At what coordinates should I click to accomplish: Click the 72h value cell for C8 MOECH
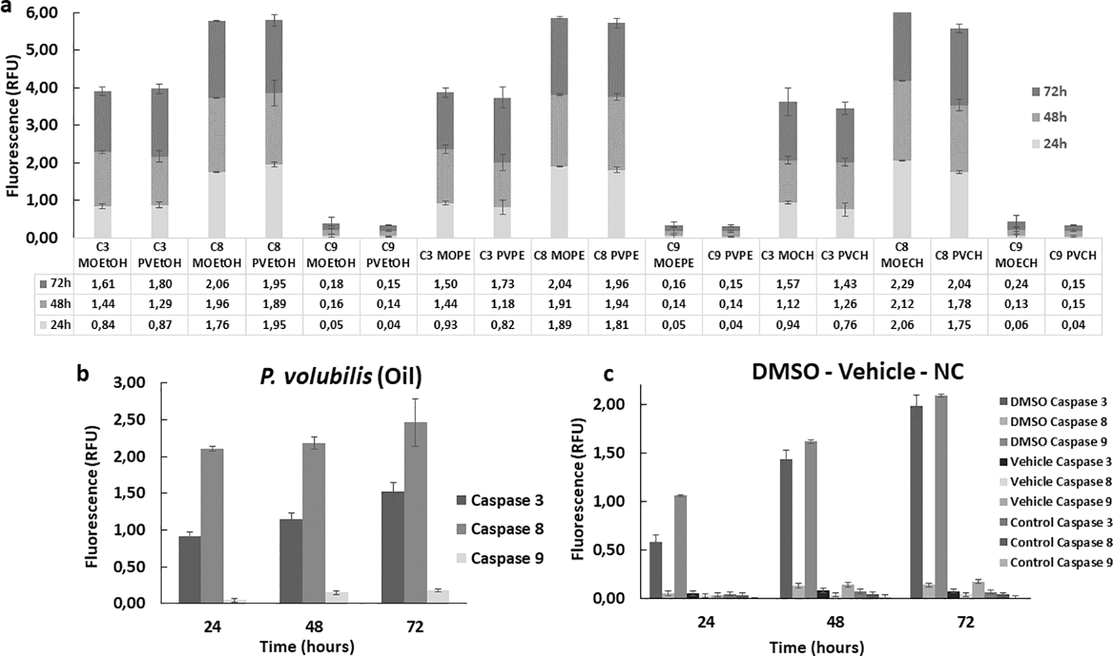(902, 284)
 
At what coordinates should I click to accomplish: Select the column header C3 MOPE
(444, 256)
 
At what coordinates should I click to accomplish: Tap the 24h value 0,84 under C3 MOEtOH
(102, 324)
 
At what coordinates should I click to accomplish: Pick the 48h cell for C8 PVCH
(959, 304)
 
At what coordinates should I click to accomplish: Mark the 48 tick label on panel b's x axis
(313, 627)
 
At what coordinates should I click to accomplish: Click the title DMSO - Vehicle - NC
(857, 372)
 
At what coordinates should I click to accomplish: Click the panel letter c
(609, 373)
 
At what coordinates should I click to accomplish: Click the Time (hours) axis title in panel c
(816, 647)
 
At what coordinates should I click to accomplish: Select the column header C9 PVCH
(1073, 256)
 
